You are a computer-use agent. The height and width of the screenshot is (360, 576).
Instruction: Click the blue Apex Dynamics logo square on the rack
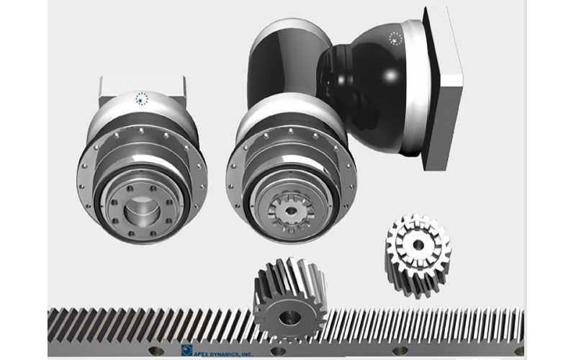tap(186, 351)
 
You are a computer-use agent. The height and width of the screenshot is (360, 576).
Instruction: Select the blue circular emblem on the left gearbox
tap(142, 99)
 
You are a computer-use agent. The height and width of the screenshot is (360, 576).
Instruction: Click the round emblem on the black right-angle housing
tap(395, 38)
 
